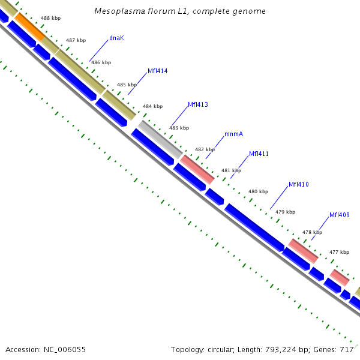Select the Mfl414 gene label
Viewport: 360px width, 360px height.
(x=158, y=71)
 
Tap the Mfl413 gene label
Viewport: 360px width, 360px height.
(x=198, y=104)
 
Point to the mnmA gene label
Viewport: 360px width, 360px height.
(x=233, y=134)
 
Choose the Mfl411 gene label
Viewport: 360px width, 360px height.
(x=259, y=154)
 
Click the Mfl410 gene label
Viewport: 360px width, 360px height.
(x=299, y=184)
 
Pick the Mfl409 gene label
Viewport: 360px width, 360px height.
(x=340, y=215)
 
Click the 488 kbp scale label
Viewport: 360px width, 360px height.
(x=50, y=19)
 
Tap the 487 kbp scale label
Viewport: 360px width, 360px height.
(x=76, y=40)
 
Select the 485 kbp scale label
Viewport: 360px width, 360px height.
(x=127, y=85)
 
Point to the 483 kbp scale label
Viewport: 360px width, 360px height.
(x=179, y=128)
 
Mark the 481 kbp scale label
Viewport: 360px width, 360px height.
(x=231, y=170)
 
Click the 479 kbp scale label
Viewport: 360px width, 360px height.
(x=286, y=212)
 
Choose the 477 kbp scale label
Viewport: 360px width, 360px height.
(x=339, y=252)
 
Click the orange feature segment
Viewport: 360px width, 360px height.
(x=29, y=26)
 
